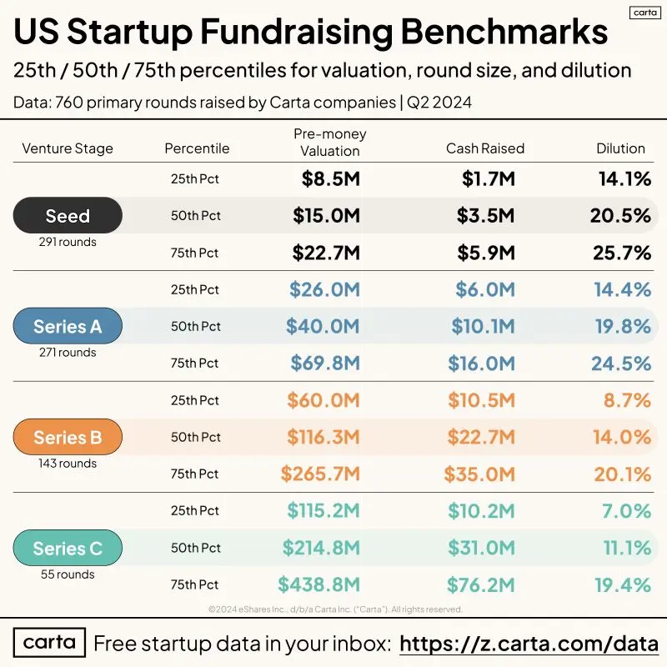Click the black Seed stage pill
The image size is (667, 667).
click(68, 215)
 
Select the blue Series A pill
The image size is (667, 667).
click(68, 326)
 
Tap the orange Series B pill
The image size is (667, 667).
click(68, 437)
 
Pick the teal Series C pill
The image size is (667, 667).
click(68, 548)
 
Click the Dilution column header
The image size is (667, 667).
click(620, 148)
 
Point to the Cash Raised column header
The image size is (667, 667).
click(485, 148)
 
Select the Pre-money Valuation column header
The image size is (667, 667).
click(330, 143)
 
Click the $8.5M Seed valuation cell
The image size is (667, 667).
click(330, 178)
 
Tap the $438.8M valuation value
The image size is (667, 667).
click(319, 584)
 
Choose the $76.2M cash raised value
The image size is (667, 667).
click(481, 584)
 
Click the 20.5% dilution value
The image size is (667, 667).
click(620, 216)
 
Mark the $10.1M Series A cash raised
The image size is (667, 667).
click(484, 326)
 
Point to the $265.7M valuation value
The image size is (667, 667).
click(320, 474)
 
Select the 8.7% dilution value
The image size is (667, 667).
click(628, 400)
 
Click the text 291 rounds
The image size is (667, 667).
click(68, 242)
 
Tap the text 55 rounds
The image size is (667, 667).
click(68, 574)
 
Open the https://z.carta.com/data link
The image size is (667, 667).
click(529, 644)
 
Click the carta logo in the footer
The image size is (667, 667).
click(49, 642)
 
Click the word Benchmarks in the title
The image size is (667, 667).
click(504, 32)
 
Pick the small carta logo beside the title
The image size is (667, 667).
click(645, 13)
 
